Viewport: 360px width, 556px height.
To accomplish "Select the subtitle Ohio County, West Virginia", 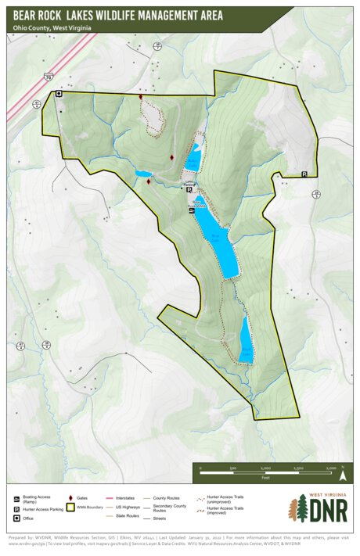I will [x=51, y=27].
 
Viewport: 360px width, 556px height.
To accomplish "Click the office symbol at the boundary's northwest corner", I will [x=57, y=94].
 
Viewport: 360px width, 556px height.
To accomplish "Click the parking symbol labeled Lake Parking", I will [x=189, y=188].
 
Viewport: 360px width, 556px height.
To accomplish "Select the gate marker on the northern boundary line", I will [x=141, y=97].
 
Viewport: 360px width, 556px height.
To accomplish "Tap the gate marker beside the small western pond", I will [x=149, y=181].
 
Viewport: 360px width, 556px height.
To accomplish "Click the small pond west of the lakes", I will [x=142, y=174].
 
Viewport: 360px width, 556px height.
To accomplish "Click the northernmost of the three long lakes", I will [x=194, y=156].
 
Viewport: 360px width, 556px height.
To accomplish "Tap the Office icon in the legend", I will [x=17, y=518].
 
